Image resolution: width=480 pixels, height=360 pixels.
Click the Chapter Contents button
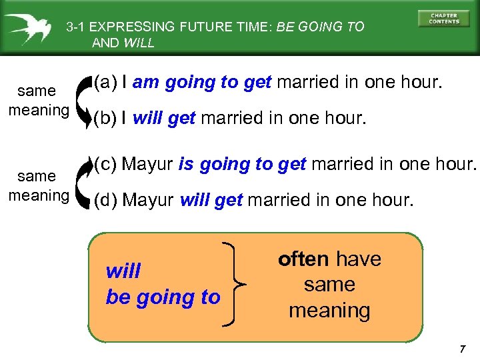pos(443,18)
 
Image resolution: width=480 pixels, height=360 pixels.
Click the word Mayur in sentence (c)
pos(149,164)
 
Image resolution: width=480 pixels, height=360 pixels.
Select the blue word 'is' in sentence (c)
pos(186,164)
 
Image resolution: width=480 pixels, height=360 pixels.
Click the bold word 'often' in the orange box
pos(303,259)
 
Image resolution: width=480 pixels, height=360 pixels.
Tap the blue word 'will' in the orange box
pos(123,271)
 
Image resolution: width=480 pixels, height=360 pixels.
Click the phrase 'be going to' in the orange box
pos(163,297)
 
